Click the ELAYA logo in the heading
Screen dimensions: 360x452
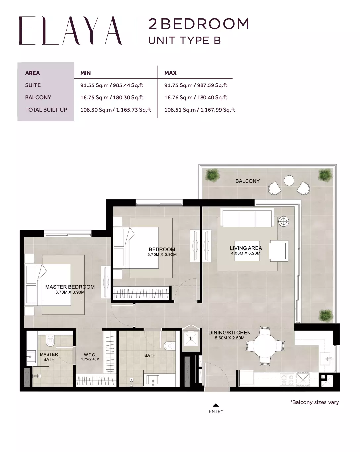click(70, 30)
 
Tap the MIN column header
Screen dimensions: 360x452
click(86, 73)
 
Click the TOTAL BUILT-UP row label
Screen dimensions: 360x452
click(46, 110)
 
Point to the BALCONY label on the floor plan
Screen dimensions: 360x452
click(247, 181)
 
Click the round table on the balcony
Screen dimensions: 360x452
click(289, 180)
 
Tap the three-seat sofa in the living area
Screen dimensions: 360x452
click(247, 218)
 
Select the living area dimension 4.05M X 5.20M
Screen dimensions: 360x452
click(246, 253)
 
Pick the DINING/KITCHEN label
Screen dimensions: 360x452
click(230, 332)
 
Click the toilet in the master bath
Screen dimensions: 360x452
click(50, 340)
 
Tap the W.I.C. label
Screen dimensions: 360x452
click(90, 355)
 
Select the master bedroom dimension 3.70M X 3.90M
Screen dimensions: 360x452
click(70, 292)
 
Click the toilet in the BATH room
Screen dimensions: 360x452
click(169, 346)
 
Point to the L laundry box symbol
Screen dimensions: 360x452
click(191, 339)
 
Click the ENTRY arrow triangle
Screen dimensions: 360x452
click(216, 405)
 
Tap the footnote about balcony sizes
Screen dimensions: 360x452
click(314, 402)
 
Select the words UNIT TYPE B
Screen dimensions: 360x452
click(185, 40)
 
